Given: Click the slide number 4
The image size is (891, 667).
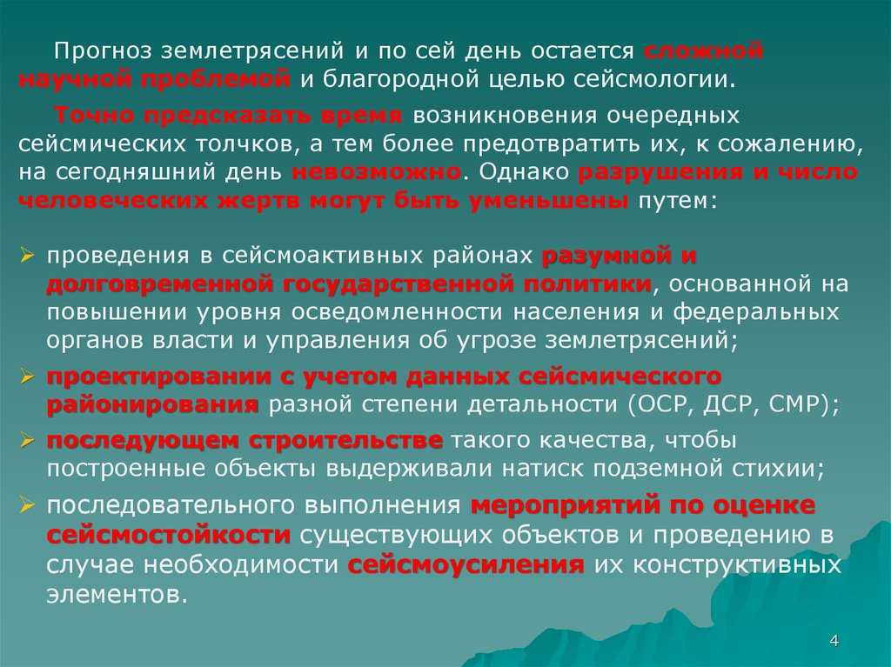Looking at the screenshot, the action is (x=834, y=641).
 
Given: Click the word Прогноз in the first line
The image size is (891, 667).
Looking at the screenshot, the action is (x=104, y=51).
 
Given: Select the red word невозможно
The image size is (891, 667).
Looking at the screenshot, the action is (x=376, y=171).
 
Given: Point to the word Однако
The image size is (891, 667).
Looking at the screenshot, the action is (x=523, y=171).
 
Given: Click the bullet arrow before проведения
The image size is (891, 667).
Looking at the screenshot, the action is (x=28, y=255).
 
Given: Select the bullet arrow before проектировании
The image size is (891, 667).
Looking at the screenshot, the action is (x=28, y=376).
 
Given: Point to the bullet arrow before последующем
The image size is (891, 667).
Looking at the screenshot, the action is (x=28, y=440).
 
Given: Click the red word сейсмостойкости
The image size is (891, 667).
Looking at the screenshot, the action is (x=168, y=535).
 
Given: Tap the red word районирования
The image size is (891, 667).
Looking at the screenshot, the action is (x=152, y=405).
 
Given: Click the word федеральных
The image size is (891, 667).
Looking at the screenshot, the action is (x=756, y=312).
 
